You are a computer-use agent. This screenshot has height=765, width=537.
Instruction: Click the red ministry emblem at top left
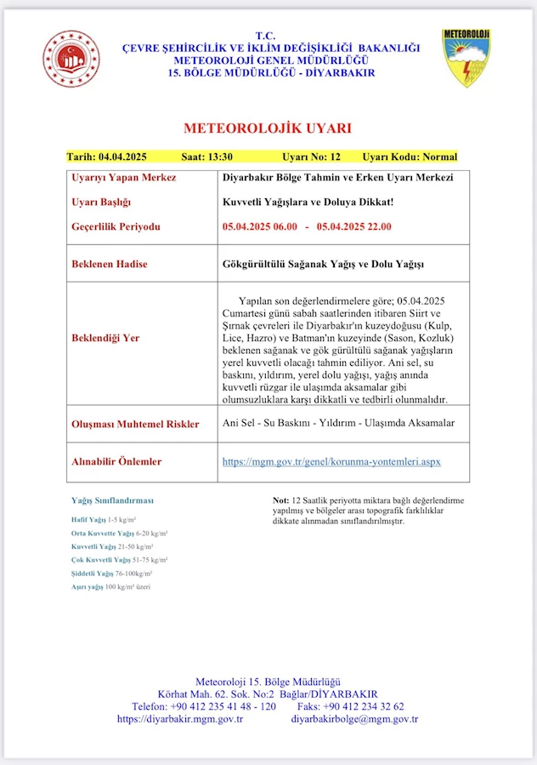click(71, 58)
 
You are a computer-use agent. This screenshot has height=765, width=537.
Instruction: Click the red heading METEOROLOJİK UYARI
click(268, 128)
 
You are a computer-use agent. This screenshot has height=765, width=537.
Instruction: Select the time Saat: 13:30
click(207, 157)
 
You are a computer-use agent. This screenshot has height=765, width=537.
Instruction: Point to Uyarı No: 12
click(311, 157)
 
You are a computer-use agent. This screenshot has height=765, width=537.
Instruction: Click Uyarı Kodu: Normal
click(410, 157)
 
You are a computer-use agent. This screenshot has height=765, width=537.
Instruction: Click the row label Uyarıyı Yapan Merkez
click(124, 178)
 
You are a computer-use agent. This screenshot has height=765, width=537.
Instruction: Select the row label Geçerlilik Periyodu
click(116, 227)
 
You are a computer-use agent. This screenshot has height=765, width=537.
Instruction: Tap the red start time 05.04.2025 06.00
click(260, 227)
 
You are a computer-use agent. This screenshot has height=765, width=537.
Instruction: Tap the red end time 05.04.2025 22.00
click(354, 227)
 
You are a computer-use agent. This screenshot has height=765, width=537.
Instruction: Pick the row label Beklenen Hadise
click(110, 264)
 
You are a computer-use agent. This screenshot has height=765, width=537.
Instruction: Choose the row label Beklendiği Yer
click(106, 338)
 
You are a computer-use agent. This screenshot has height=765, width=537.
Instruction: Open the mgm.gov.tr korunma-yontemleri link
click(331, 462)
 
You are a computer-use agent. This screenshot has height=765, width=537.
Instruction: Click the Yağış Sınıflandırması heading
click(112, 500)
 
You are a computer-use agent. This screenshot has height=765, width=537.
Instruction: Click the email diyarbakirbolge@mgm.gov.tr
click(354, 719)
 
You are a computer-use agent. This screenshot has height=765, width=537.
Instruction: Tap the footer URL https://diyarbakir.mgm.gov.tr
click(180, 719)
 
